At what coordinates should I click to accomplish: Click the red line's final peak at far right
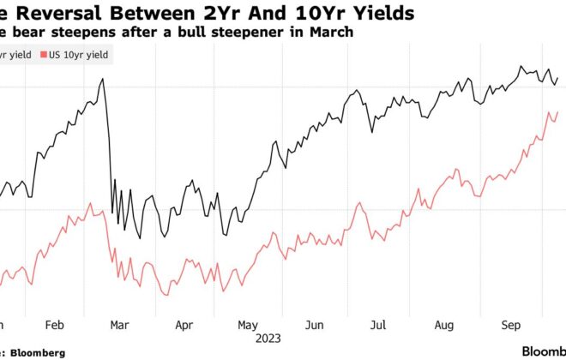click(x=557, y=112)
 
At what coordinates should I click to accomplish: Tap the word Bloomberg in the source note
click(x=41, y=351)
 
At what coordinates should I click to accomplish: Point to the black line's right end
click(x=557, y=78)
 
